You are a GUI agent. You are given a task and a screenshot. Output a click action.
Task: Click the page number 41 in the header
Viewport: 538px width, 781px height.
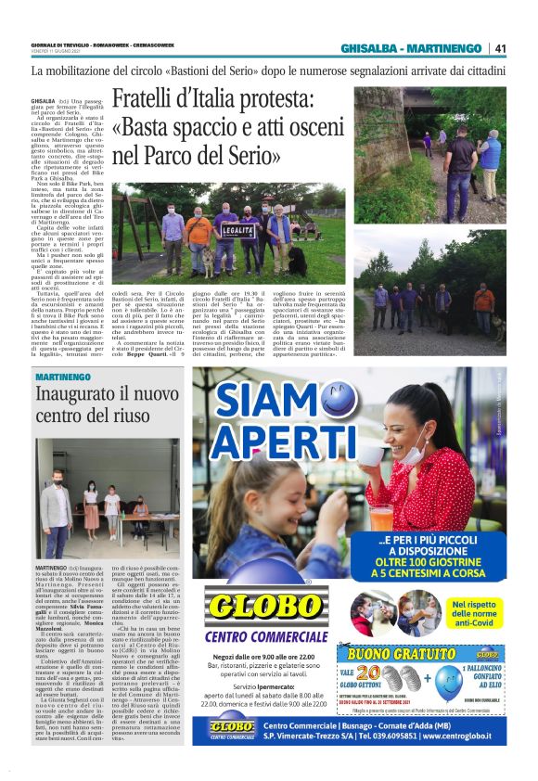tap(501, 48)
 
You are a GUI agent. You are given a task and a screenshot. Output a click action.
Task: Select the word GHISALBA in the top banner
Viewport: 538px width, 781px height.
tap(372, 48)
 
